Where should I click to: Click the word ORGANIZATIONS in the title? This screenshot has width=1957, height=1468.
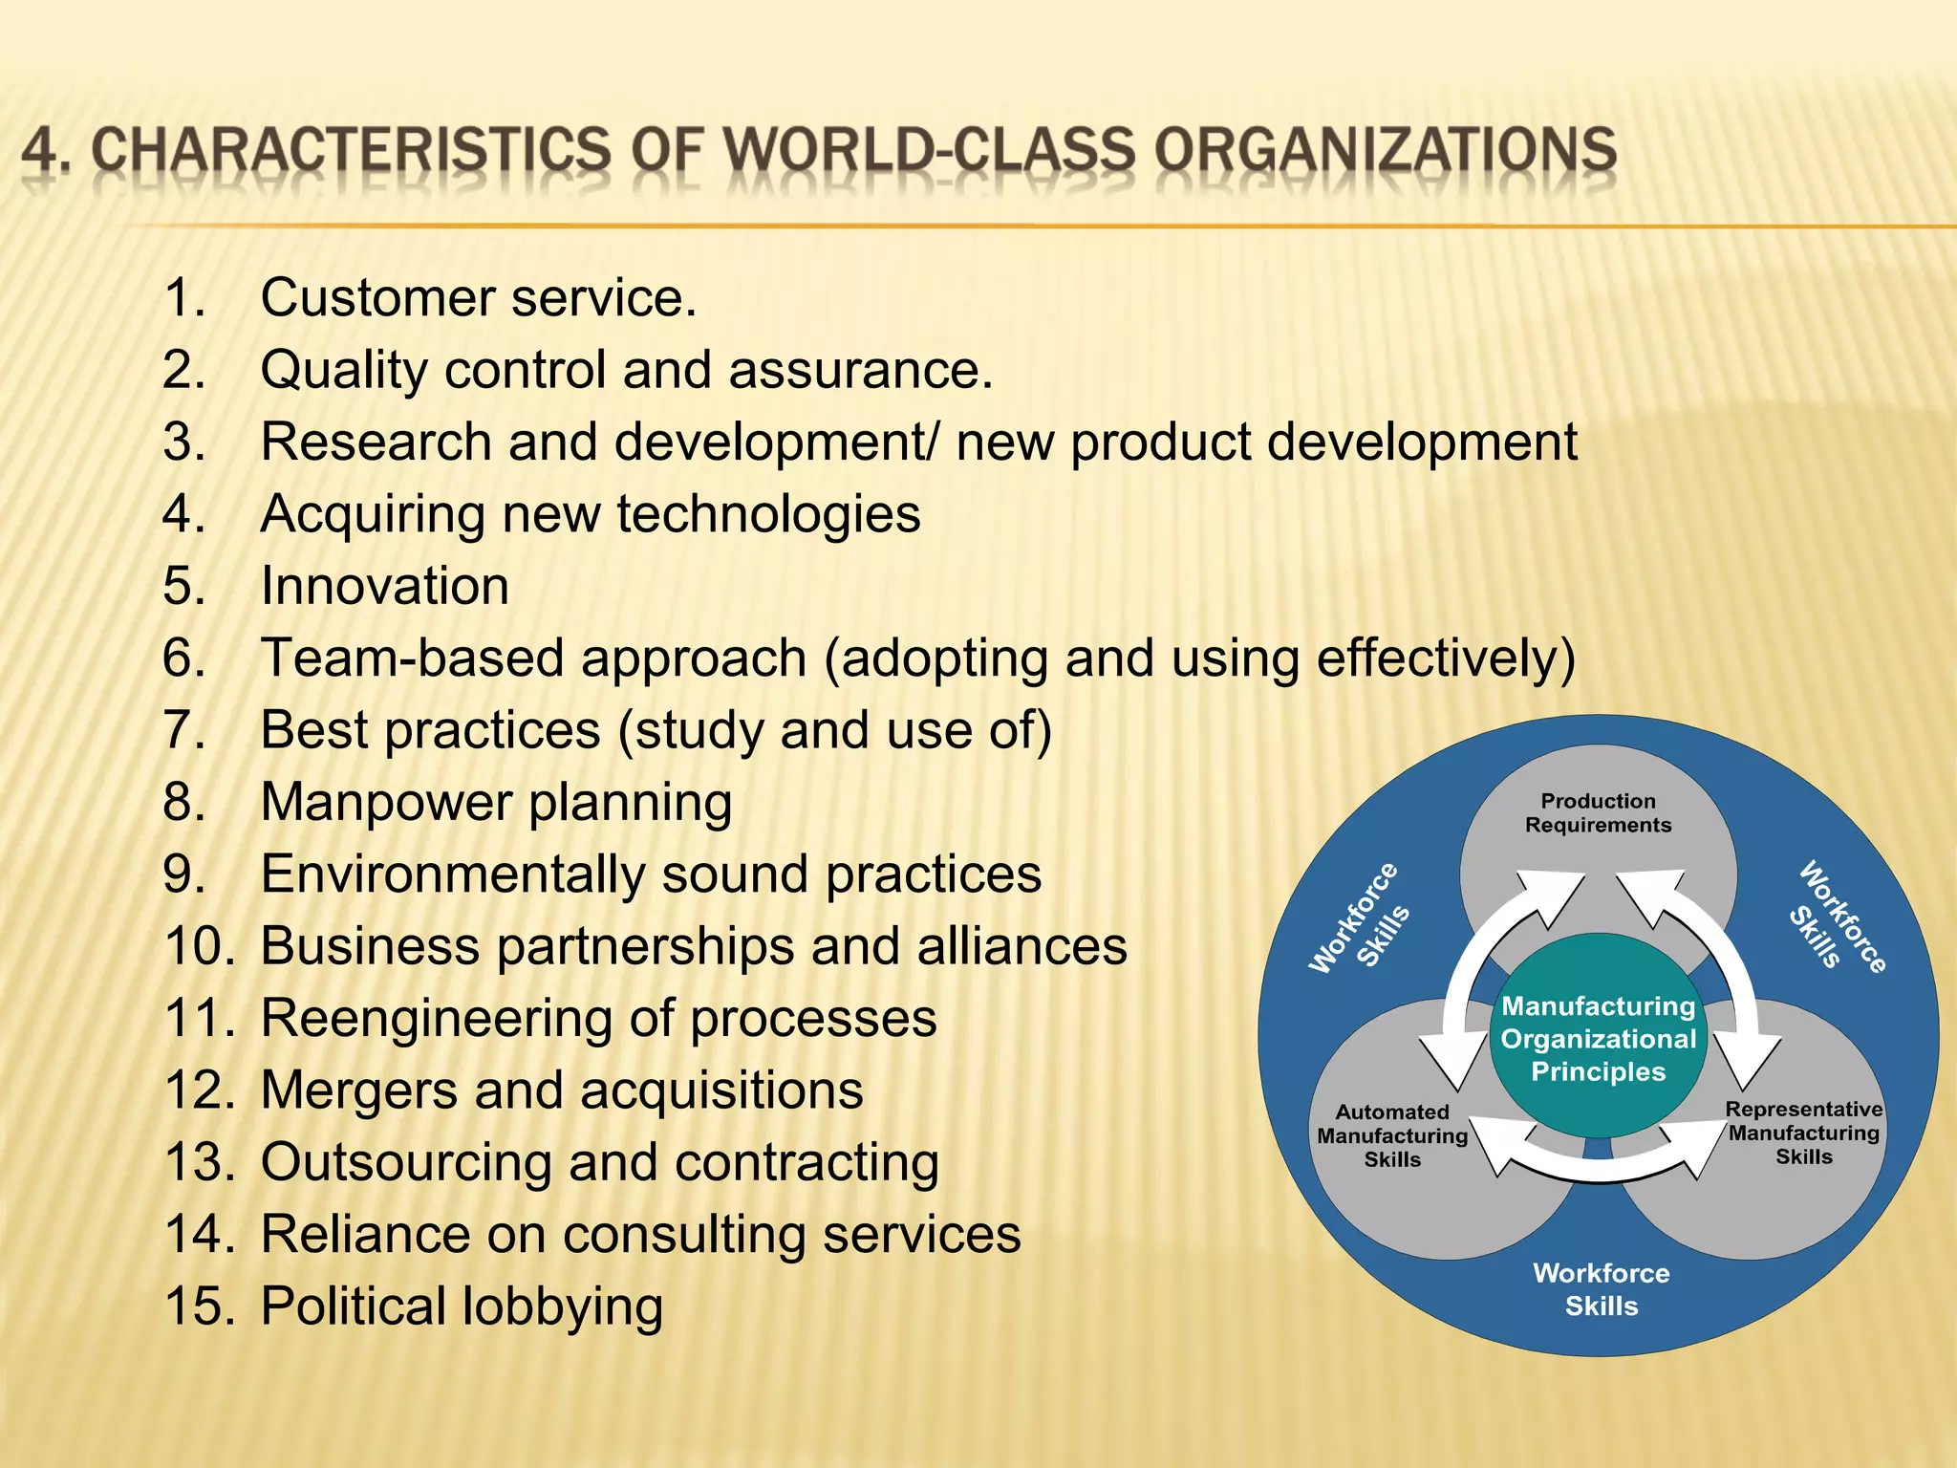point(1385,152)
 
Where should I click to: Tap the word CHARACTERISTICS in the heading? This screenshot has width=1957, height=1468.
point(351,152)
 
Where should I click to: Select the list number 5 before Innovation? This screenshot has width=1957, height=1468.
point(183,586)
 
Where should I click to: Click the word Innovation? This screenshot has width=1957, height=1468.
point(385,586)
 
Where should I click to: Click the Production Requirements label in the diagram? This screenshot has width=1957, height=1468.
point(1598,813)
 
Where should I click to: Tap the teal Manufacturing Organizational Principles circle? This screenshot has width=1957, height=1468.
point(1598,1039)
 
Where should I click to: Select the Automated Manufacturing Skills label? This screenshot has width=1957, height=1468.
point(1392,1135)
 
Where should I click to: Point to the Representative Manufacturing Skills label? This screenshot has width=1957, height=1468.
point(1803,1133)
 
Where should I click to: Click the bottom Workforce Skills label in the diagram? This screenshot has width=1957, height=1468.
point(1602,1289)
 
